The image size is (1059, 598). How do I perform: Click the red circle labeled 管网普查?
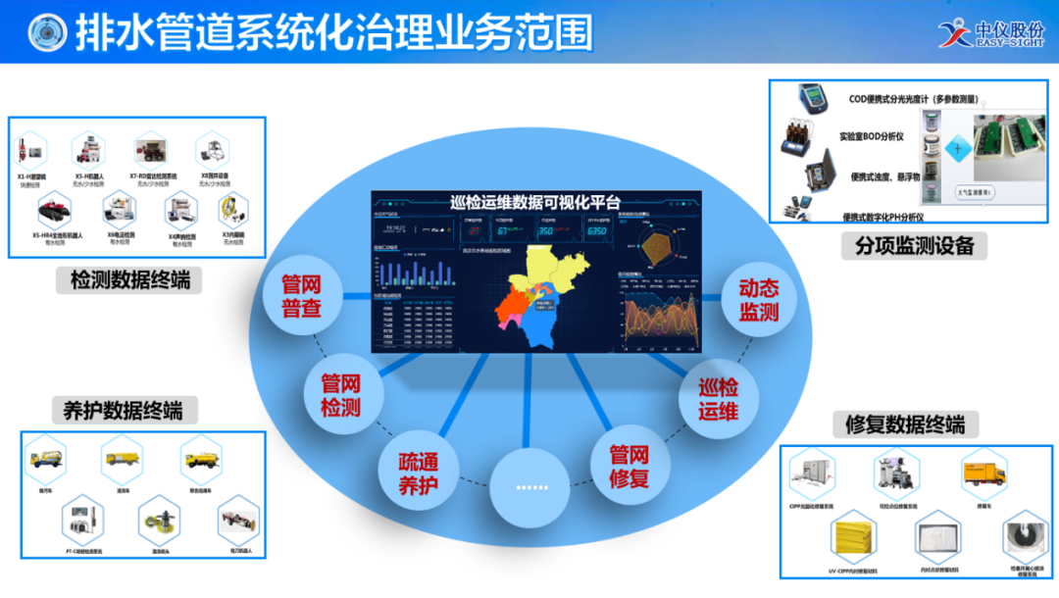301,295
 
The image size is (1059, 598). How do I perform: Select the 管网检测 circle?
340,395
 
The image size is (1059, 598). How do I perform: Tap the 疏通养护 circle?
418,473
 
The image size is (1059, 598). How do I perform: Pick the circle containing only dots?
529,487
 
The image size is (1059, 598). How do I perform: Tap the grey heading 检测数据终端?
129,281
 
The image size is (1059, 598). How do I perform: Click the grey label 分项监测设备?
914,246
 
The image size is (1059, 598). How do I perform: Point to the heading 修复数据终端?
904,424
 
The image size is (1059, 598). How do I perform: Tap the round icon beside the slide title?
48,32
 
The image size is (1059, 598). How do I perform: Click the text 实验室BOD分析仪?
877,135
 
